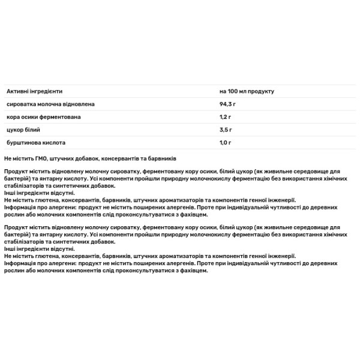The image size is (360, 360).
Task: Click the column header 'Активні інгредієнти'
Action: pos(34,91)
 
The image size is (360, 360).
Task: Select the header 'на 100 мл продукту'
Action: pos(247,91)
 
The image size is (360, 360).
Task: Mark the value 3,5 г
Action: pos(226,129)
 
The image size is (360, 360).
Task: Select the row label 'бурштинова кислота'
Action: pos(35,142)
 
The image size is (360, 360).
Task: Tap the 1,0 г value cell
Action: pos(226,142)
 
